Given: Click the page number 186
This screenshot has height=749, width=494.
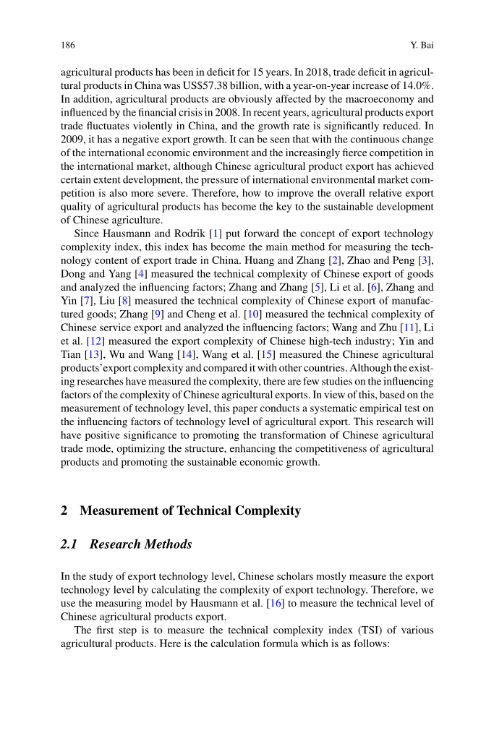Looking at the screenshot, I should pos(68,46).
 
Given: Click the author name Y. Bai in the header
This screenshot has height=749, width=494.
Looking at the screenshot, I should pos(421,46).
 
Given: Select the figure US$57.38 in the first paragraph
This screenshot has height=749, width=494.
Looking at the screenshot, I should pos(202,85).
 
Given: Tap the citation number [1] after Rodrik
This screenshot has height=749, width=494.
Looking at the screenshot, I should pos(215,234).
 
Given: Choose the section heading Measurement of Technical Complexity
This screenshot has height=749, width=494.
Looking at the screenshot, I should pos(190,510).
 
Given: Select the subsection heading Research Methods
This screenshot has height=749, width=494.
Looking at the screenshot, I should pos(140,544).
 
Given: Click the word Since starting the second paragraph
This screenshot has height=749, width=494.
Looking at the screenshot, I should pos(88,234).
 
